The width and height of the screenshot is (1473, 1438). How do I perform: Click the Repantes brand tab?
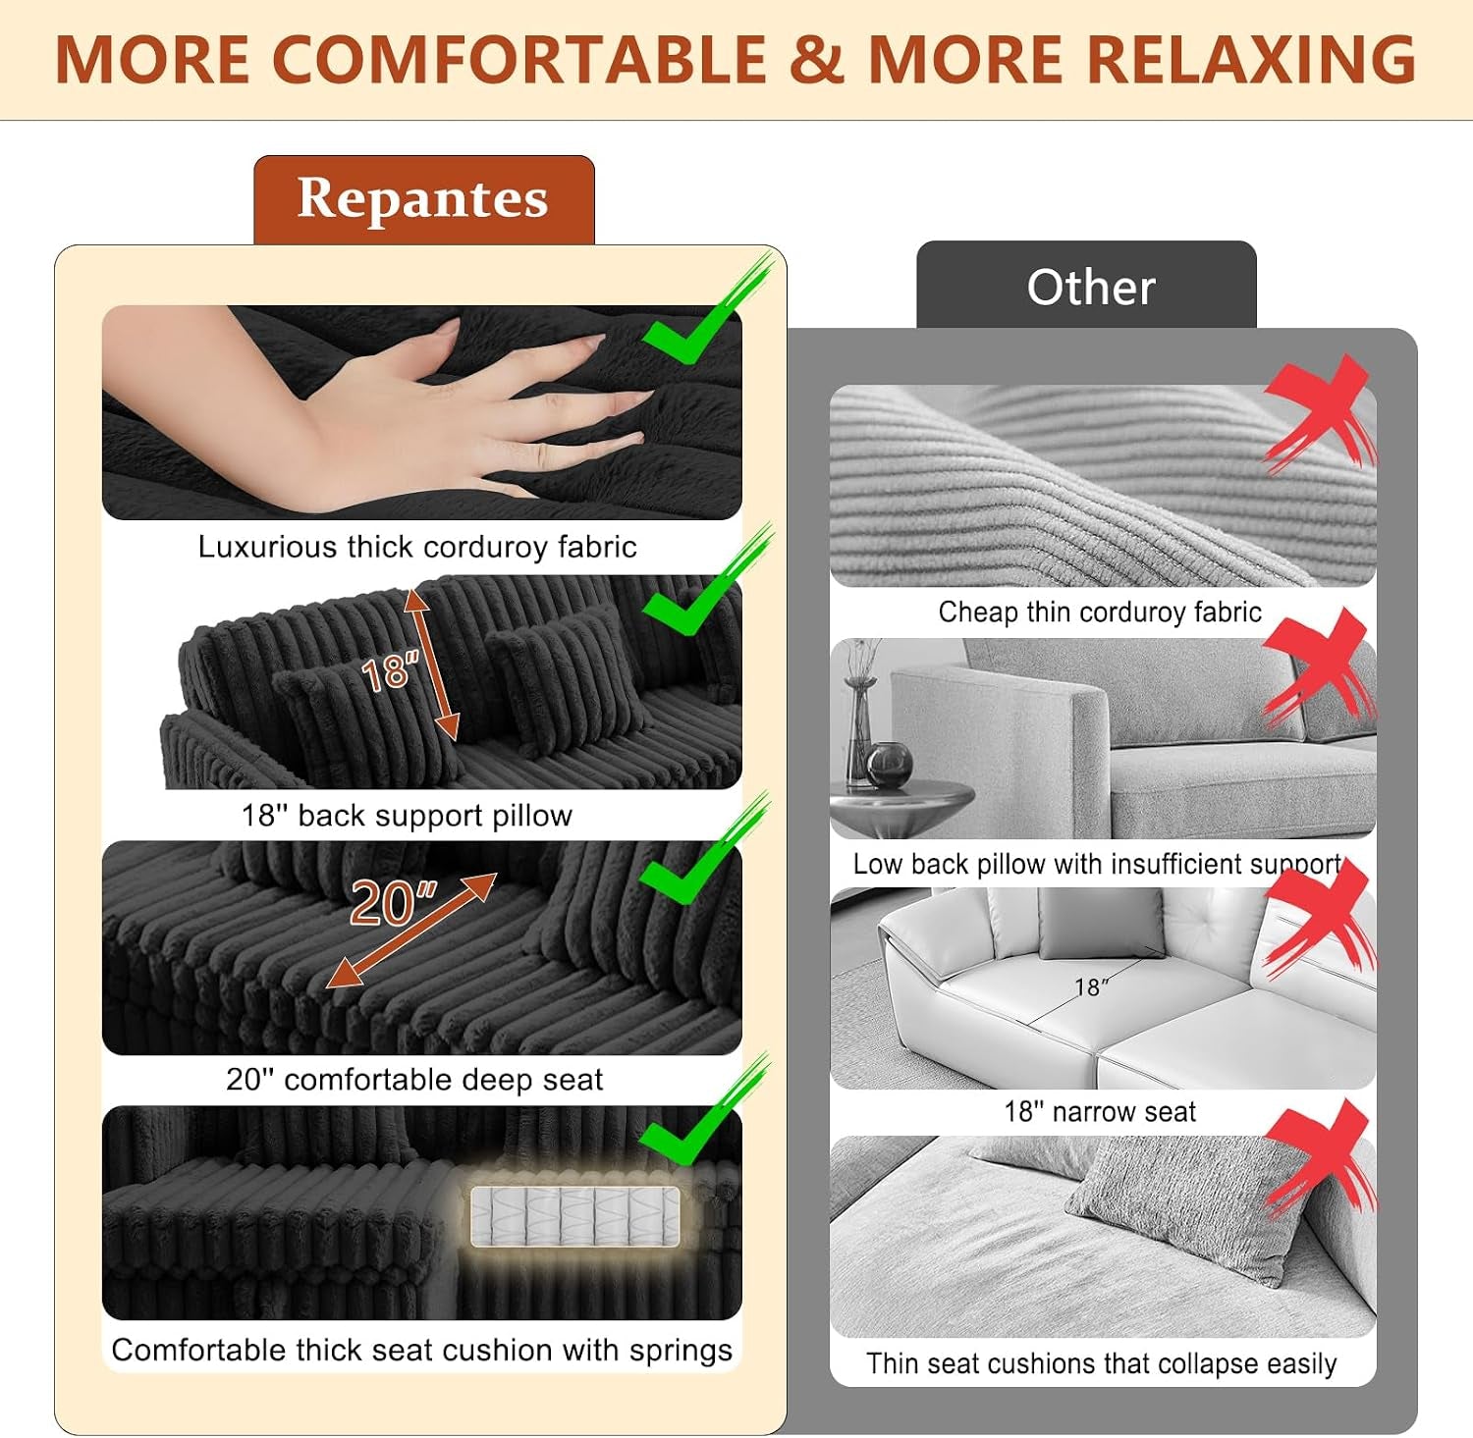(x=424, y=200)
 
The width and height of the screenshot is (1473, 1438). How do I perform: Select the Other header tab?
(x=1086, y=286)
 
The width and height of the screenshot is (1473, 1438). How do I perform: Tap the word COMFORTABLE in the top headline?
(x=518, y=60)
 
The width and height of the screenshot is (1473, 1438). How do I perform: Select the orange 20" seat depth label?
(x=393, y=903)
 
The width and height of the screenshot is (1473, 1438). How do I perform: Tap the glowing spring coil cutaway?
(x=574, y=1216)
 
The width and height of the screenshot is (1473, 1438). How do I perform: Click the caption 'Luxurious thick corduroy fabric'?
(x=417, y=547)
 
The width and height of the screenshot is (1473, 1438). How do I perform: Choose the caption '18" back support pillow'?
(x=407, y=816)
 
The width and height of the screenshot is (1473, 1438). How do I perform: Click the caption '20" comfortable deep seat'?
(x=414, y=1080)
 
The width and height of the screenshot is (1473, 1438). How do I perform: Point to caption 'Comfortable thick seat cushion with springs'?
(x=422, y=1350)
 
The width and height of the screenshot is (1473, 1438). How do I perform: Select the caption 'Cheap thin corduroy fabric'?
(x=1100, y=612)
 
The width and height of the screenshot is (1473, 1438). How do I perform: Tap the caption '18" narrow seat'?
(x=1100, y=1112)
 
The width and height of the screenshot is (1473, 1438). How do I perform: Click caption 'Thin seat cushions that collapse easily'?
(x=1102, y=1363)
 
